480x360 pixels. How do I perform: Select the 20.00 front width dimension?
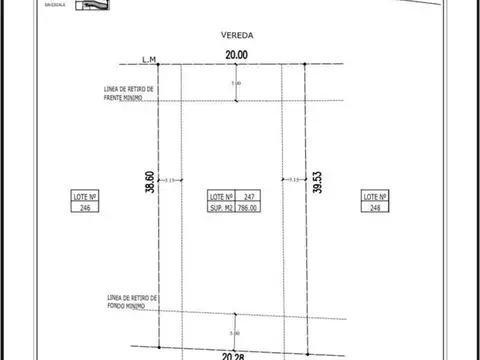point(235,57)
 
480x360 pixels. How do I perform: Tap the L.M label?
point(150,61)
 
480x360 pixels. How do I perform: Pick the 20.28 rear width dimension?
point(235,353)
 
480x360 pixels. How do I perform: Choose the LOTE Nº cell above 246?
point(87,196)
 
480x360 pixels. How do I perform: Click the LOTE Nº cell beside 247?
point(221,196)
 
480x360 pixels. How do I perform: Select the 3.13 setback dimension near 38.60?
point(169,180)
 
